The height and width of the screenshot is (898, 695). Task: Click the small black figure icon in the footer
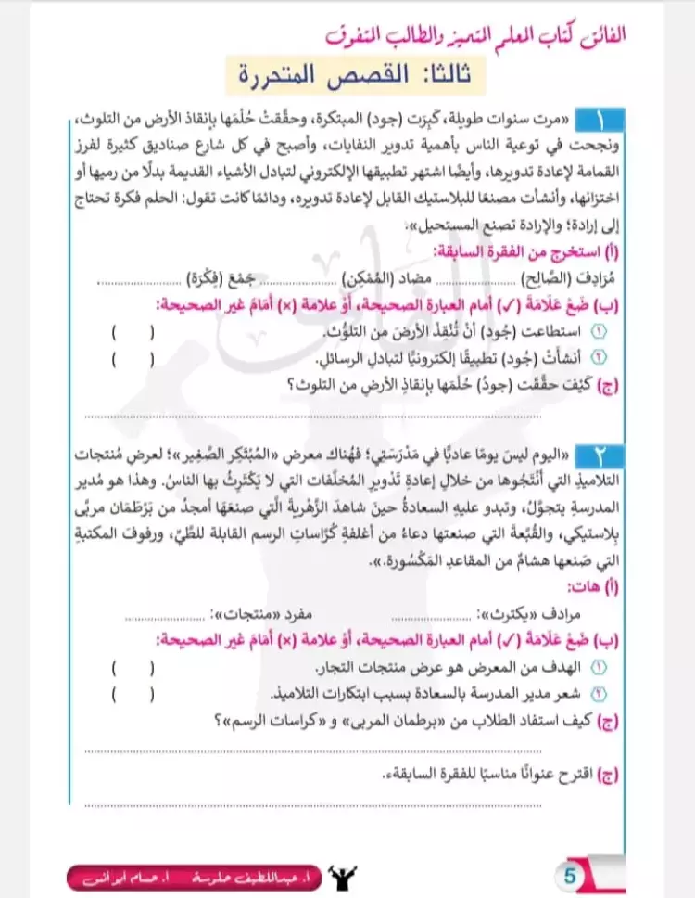348,874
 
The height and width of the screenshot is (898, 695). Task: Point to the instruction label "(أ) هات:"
602,587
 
